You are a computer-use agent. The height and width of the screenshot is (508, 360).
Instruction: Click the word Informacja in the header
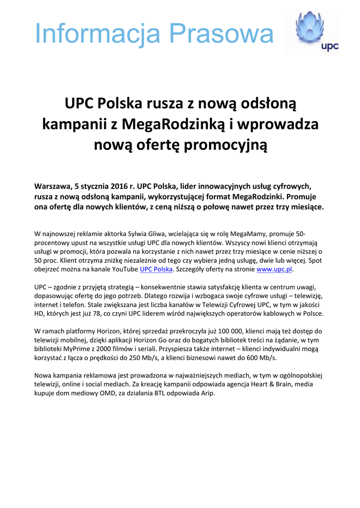click(98, 33)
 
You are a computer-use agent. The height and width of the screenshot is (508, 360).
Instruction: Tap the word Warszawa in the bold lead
click(52, 187)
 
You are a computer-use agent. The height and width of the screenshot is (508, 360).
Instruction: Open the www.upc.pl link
click(275, 269)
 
